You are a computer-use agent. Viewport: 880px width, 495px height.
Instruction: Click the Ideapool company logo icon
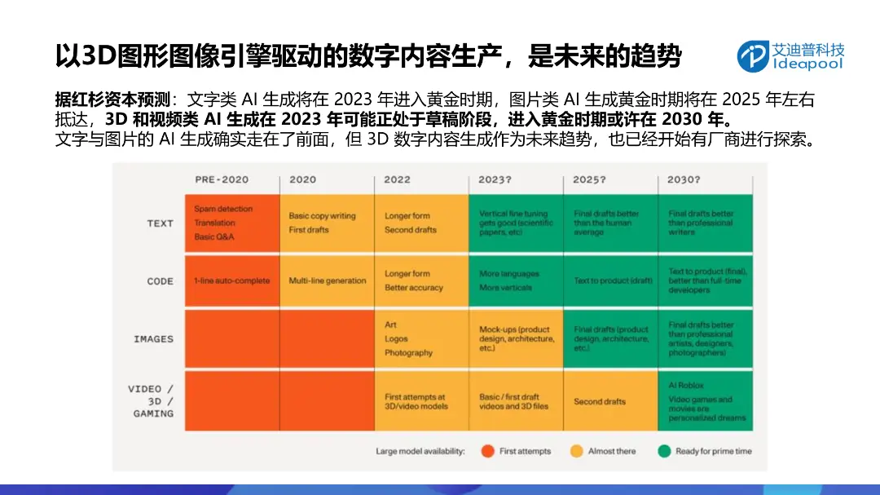753,55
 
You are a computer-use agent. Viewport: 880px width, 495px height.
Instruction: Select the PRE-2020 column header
222,179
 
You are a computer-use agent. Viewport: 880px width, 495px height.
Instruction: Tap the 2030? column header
684,179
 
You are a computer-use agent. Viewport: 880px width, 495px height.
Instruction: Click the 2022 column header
398,179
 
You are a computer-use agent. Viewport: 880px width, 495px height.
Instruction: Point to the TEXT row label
160,223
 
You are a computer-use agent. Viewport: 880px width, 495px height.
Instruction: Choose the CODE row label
160,281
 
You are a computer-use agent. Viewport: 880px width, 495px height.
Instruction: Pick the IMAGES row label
153,339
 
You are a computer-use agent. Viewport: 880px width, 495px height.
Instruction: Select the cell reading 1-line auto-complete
231,281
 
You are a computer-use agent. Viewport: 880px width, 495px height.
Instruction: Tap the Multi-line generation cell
328,281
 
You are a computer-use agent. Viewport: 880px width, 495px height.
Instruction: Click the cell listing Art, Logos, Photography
420,339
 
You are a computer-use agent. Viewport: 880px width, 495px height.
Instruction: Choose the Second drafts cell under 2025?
610,401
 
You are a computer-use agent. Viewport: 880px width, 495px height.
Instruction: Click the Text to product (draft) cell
610,281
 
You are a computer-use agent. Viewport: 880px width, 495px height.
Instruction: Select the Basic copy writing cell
326,223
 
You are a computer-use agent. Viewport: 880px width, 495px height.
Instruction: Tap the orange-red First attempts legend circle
488,451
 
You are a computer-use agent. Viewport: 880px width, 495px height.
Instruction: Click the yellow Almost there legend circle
576,451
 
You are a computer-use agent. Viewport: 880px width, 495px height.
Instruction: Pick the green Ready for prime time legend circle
664,451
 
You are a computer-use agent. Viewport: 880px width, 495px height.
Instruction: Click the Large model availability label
420,451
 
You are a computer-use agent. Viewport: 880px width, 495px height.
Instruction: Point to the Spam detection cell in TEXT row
231,223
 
